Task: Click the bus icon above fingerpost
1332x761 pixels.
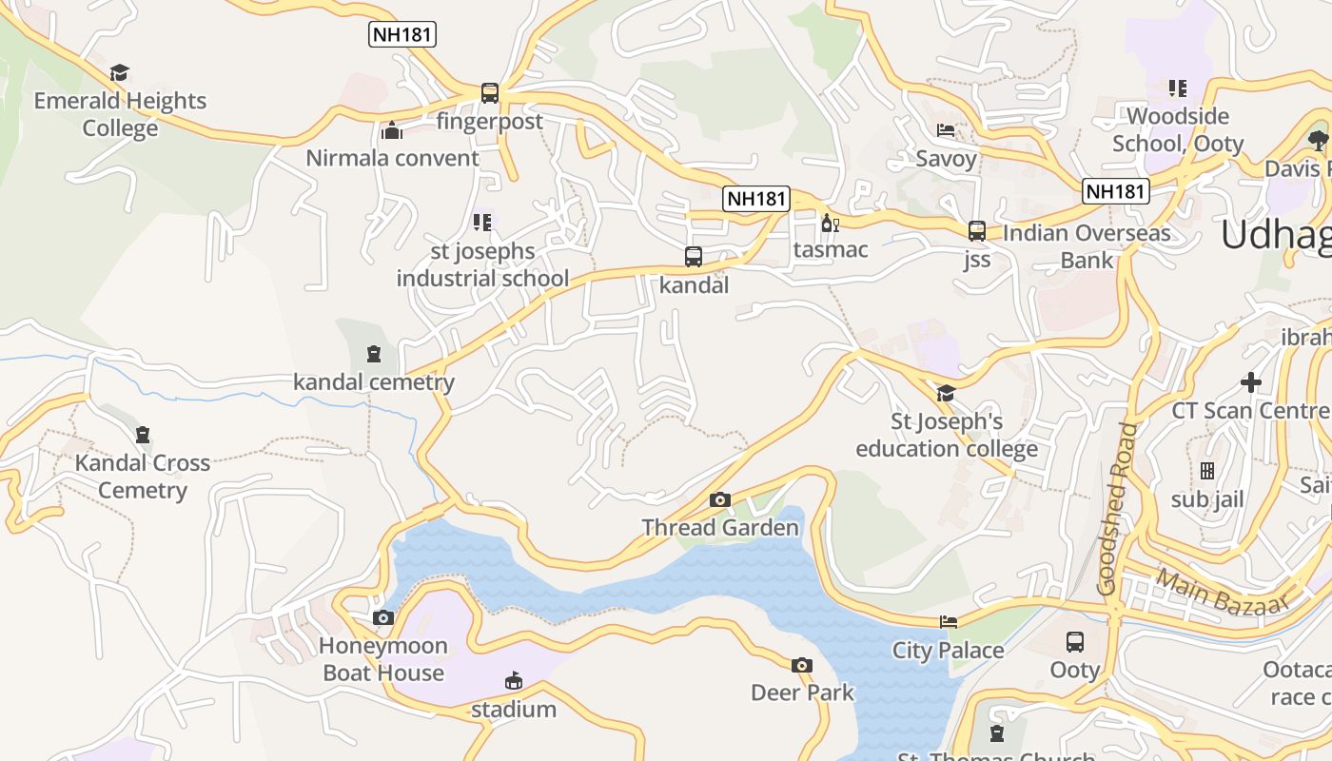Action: (x=490, y=93)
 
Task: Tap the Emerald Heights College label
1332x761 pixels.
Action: (x=120, y=114)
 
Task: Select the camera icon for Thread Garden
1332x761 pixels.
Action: (x=720, y=499)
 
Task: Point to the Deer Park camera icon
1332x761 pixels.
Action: (x=802, y=665)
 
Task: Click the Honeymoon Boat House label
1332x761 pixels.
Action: (x=383, y=659)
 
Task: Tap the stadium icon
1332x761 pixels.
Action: (x=514, y=680)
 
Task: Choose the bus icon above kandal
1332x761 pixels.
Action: (x=694, y=256)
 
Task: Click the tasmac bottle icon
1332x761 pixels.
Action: (x=830, y=224)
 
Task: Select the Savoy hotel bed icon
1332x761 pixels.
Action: (x=946, y=130)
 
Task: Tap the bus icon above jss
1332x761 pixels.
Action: (x=977, y=230)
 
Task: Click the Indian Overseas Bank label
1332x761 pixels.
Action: (x=1087, y=246)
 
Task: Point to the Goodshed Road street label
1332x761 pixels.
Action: (x=1118, y=509)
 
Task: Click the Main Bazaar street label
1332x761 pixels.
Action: (x=1224, y=591)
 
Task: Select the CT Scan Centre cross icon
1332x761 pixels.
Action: (x=1251, y=382)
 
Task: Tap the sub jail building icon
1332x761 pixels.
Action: (x=1207, y=471)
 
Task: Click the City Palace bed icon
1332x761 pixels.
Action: (x=949, y=622)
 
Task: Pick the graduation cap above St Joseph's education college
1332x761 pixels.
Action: (x=946, y=393)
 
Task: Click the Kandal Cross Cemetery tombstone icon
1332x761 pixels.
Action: (x=143, y=435)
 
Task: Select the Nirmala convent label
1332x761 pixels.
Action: (x=392, y=158)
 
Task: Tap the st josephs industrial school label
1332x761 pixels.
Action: (x=483, y=265)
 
